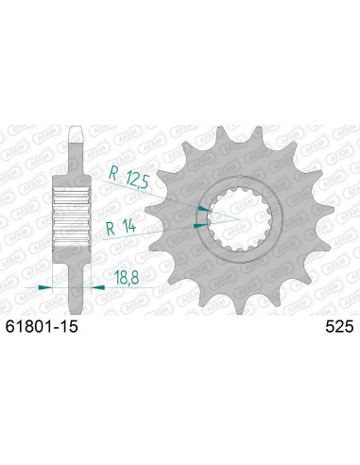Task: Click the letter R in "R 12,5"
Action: point(111,174)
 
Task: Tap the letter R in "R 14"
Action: point(111,226)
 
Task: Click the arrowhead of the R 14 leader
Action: point(199,225)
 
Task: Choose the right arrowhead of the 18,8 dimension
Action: point(92,284)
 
